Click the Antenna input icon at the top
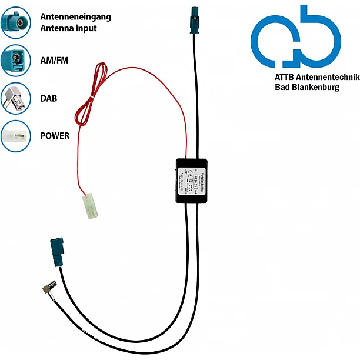pos(15,23)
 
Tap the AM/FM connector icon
pos(15,61)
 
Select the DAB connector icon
pos(15,98)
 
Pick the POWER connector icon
pos(15,136)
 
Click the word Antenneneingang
pos(75,16)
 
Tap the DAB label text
pos(49,98)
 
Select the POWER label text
pos(55,136)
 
